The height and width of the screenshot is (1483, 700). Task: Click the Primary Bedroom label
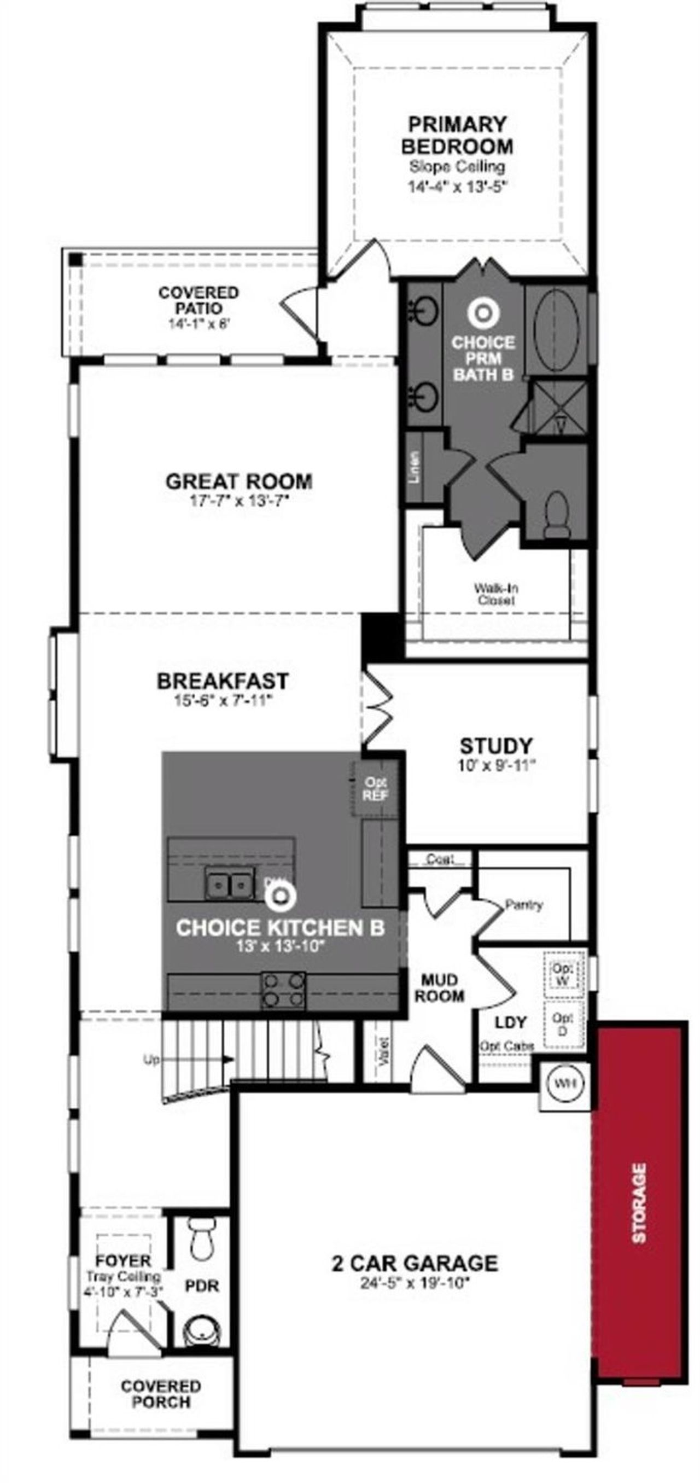[x=457, y=135]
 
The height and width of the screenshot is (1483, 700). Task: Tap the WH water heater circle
[x=564, y=1083]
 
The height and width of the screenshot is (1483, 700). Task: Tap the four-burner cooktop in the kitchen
[x=283, y=990]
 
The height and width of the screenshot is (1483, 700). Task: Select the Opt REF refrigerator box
[x=375, y=788]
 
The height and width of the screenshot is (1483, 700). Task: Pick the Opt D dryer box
[x=563, y=1025]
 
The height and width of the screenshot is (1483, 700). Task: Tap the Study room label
[x=496, y=746]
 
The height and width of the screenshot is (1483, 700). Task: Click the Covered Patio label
[x=199, y=300]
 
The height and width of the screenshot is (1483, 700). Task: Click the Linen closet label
[x=415, y=466]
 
